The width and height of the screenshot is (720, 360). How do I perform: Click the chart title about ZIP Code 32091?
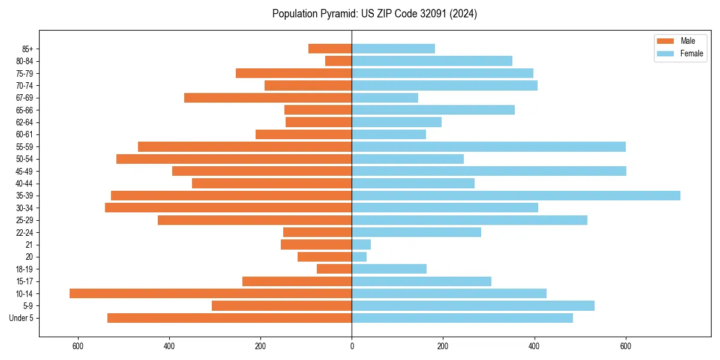(374, 14)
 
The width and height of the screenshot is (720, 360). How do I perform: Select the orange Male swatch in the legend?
(665, 41)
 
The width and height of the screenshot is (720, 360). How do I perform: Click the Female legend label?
(691, 53)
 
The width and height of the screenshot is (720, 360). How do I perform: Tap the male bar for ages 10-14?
(211, 293)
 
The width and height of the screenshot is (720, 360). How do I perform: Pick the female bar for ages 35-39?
(516, 196)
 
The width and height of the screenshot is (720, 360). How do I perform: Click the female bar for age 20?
(359, 257)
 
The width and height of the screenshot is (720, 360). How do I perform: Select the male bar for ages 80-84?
(338, 61)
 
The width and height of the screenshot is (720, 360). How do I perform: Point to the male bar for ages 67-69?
(268, 98)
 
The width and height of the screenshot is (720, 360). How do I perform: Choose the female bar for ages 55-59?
(488, 146)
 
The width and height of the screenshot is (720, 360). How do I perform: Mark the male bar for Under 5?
(229, 318)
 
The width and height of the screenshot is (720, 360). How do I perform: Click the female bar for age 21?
(361, 244)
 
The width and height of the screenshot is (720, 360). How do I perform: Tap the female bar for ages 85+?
(393, 49)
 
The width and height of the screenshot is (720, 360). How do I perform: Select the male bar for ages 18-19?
(334, 269)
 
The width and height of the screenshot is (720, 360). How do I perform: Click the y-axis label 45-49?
(25, 171)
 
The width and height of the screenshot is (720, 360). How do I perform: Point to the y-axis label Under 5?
(22, 318)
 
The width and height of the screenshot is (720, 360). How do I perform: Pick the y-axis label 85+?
(28, 49)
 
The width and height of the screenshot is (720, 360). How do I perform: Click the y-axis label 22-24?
(25, 232)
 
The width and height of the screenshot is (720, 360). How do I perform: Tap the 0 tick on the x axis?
(352, 346)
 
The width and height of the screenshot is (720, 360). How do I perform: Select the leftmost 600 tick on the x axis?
(78, 346)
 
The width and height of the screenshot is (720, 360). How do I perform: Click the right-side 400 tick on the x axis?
(534, 346)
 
